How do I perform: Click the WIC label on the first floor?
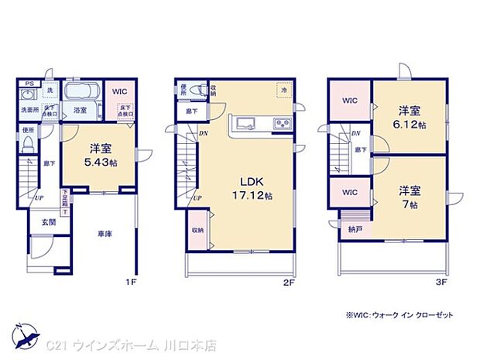[118, 91]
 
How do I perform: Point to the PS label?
[29, 84]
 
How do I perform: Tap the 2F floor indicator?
[290, 283]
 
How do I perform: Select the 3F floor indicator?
[441, 283]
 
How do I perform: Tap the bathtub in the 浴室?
[80, 94]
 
